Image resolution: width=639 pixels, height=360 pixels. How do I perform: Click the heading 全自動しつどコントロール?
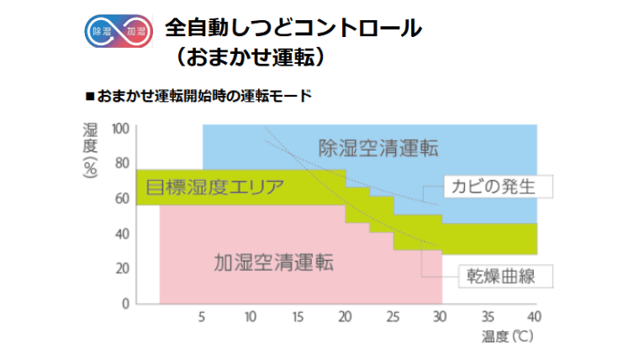click(x=293, y=27)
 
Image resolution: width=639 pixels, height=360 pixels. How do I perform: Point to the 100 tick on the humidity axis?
click(x=121, y=128)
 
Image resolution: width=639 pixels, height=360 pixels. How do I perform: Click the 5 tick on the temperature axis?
click(x=203, y=317)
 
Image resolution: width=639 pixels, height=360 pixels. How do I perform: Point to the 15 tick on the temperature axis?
click(x=298, y=317)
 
